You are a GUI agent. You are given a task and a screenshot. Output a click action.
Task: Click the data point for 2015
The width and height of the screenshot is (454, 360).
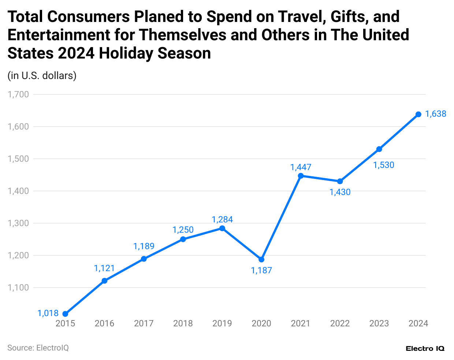[65, 314]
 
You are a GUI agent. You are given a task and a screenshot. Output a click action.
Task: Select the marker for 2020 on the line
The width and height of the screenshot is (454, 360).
[261, 259]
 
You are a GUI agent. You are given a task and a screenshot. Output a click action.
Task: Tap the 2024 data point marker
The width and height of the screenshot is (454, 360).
[418, 115]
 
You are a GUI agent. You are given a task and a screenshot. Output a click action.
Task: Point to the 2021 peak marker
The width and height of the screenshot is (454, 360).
[301, 176]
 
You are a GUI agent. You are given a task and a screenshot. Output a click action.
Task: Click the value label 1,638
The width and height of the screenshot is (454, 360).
[436, 114]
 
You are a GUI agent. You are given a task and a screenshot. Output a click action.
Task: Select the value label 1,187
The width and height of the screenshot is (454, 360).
[261, 271]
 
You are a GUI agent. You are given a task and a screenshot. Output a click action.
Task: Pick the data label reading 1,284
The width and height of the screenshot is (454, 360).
[222, 220]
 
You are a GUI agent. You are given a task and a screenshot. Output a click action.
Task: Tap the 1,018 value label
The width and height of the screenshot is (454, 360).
[48, 313]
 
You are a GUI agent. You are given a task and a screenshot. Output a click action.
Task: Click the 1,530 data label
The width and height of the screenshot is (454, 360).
[384, 165]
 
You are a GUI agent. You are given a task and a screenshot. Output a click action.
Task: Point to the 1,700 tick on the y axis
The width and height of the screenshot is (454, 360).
[18, 94]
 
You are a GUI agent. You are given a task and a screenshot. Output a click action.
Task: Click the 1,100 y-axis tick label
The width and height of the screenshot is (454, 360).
[18, 288]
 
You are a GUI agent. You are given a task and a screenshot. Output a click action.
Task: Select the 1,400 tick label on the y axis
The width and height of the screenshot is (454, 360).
[18, 191]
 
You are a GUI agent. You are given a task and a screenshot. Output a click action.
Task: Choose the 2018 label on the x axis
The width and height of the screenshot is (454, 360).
[183, 323]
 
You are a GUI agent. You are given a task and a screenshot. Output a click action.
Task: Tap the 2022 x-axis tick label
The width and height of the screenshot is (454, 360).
[340, 323]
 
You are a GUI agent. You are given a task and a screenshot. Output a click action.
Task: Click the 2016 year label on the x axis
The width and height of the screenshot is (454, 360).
[104, 323]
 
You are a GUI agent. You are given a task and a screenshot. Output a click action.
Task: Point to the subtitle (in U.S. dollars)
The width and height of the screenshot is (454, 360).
[42, 76]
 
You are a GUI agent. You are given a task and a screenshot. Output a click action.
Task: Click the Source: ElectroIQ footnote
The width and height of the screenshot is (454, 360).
[38, 348]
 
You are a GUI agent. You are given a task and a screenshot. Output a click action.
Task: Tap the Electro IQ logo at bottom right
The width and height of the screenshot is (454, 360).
[425, 349]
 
